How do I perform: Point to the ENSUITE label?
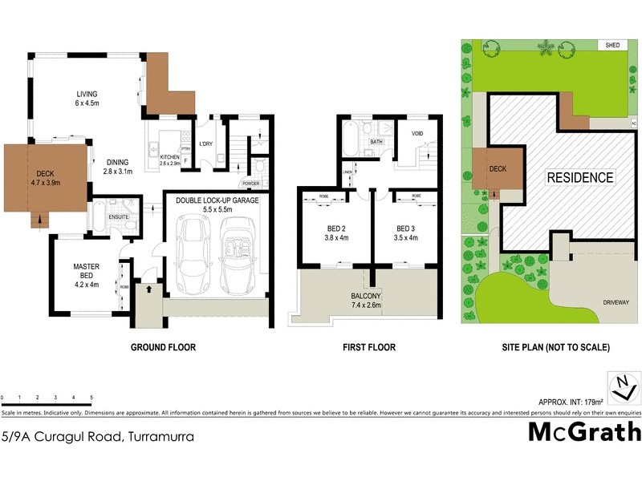(120, 216)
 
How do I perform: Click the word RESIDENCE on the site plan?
(580, 178)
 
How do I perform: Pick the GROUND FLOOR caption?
(164, 348)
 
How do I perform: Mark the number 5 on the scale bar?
(91, 398)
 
